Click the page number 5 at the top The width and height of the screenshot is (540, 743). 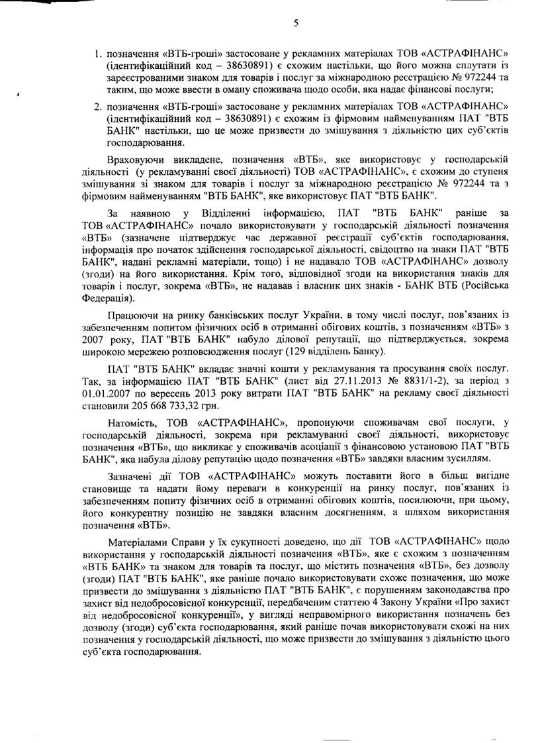point(296,23)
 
